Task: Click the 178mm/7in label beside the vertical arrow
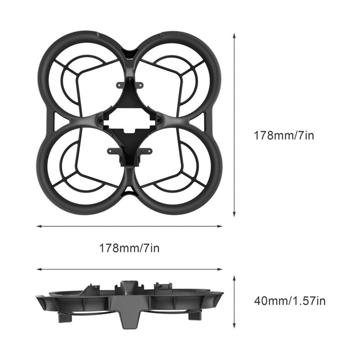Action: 284,135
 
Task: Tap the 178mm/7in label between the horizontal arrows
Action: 129,248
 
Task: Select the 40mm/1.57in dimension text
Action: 290,301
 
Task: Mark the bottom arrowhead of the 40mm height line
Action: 234,325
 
